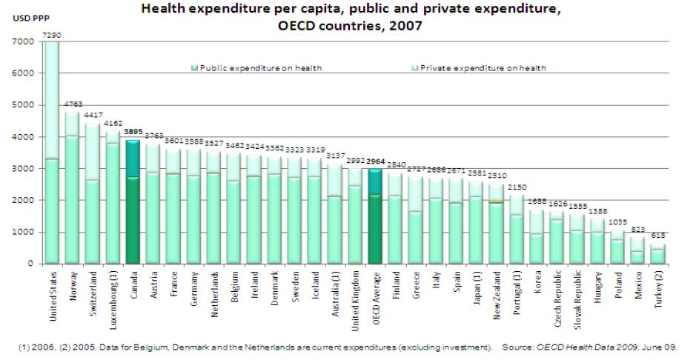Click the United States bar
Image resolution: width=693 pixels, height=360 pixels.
point(51,152)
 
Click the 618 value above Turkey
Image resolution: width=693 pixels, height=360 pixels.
point(658,236)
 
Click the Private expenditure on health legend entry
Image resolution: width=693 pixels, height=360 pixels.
point(483,67)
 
